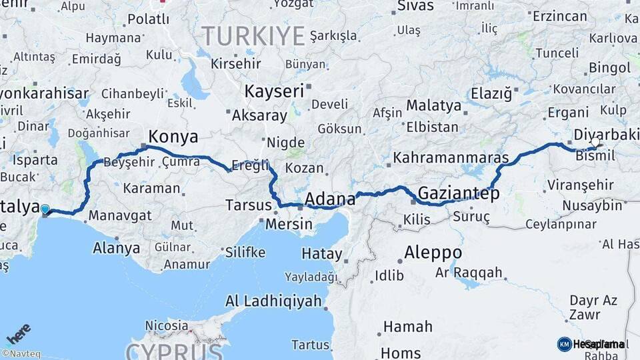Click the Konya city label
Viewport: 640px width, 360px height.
point(173,137)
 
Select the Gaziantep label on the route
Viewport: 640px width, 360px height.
point(458,194)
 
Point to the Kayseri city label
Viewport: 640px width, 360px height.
point(274,91)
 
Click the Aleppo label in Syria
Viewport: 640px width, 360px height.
point(433,253)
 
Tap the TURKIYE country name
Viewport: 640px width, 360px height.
point(253,35)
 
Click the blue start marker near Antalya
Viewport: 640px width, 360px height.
point(45,210)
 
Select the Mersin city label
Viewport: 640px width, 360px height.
point(289,223)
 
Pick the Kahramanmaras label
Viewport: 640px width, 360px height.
point(451,159)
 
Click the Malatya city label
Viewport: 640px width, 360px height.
point(433,105)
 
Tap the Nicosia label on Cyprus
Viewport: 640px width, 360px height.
point(167,326)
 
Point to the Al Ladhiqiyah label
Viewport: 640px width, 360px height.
point(273,301)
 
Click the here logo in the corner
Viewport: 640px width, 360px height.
point(19,333)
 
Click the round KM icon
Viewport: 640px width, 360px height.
point(564,344)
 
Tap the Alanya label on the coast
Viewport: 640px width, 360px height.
point(117,248)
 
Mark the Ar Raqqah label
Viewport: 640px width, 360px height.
point(469,272)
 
